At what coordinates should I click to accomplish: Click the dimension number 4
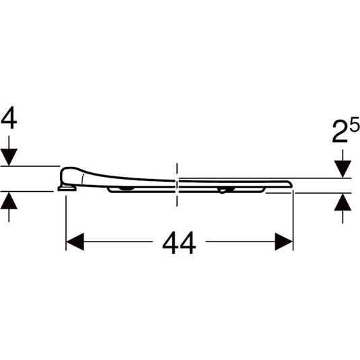tap(9, 118)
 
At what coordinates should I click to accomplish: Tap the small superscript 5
tap(355, 124)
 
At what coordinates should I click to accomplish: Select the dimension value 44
tap(179, 242)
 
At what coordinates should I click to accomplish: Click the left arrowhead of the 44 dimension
tap(75, 242)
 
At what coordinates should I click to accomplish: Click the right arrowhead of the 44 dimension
tap(284, 242)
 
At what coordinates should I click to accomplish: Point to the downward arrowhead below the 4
tap(9, 157)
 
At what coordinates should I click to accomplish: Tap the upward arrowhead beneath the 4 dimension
tap(9, 201)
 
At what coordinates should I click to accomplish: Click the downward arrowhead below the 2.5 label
tap(343, 169)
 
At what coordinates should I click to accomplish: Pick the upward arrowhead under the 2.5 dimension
tap(343, 202)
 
